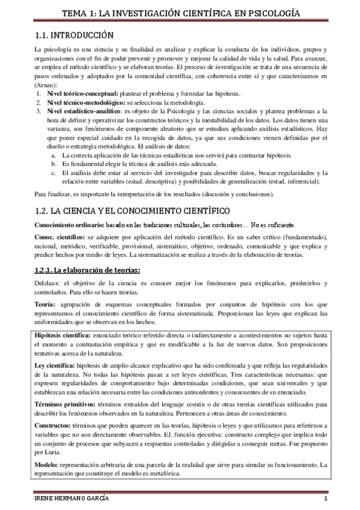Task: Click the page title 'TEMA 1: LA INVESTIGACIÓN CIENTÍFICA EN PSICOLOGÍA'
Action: click(180, 13)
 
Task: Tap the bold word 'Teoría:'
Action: click(46, 306)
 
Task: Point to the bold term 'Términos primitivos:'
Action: click(63, 405)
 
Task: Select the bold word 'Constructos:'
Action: click(53, 424)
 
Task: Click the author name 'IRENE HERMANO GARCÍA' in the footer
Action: click(70, 500)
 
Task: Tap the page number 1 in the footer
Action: click(325, 500)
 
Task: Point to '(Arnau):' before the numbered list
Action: click(46, 86)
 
